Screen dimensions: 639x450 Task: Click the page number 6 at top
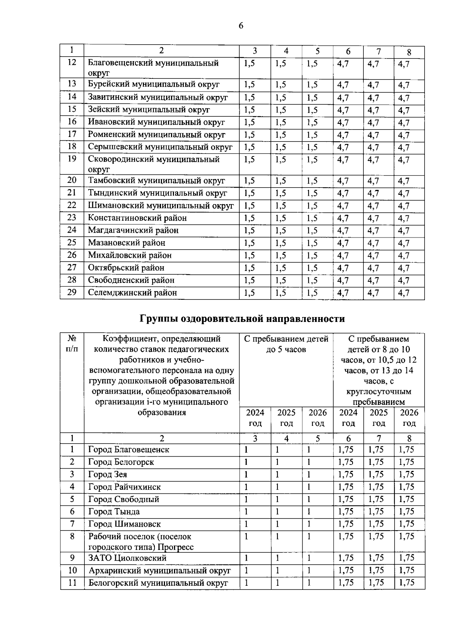(x=241, y=26)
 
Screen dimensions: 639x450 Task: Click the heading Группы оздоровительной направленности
(x=242, y=319)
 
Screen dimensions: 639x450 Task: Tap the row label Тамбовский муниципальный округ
(x=156, y=181)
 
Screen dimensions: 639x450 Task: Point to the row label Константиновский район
(x=137, y=218)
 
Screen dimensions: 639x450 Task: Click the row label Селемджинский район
(x=132, y=293)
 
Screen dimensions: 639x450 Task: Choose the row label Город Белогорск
(x=121, y=462)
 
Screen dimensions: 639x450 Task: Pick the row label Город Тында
(x=114, y=512)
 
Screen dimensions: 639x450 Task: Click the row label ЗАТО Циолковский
(x=127, y=558)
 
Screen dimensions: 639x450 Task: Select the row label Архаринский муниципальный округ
(x=159, y=571)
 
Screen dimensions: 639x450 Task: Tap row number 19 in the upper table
(x=72, y=159)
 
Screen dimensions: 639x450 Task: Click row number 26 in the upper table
(x=72, y=255)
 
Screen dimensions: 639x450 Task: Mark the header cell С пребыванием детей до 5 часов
(x=286, y=344)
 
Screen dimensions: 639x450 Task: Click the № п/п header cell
(x=72, y=344)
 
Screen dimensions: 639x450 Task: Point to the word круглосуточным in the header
(x=379, y=392)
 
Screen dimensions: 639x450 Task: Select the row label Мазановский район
(x=127, y=243)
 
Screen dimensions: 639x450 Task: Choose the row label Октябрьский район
(x=126, y=268)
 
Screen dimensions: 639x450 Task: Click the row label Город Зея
(x=108, y=475)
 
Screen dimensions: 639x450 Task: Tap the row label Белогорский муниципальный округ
(x=158, y=583)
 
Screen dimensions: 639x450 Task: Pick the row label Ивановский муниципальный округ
(x=156, y=122)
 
